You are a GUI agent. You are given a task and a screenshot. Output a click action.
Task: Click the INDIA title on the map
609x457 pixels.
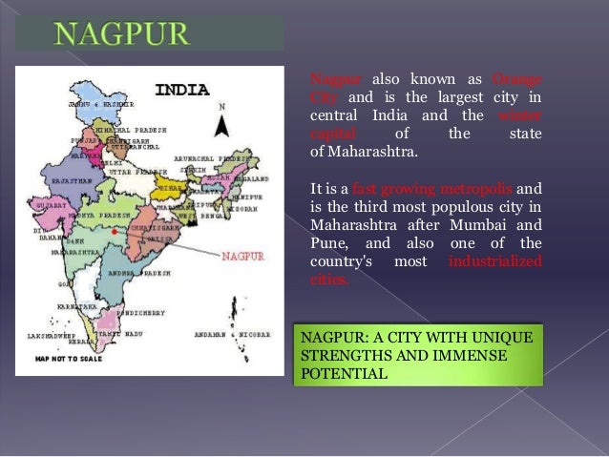pyautogui.click(x=181, y=91)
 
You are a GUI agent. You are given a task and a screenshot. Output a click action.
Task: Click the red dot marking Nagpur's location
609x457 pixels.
pyautogui.click(x=114, y=231)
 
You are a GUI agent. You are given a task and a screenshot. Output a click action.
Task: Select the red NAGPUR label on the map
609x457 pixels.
pyautogui.click(x=242, y=256)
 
